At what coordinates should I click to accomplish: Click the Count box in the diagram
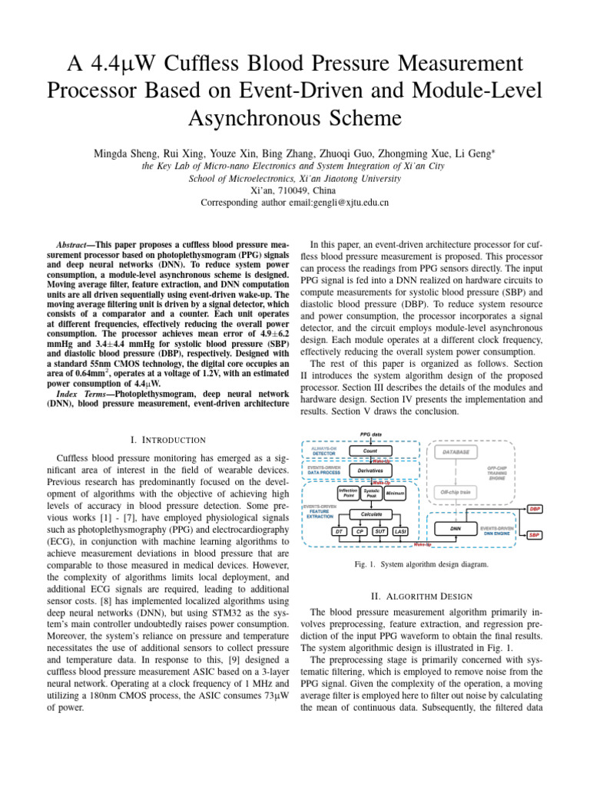coord(370,451)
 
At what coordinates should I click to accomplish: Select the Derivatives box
coord(370,471)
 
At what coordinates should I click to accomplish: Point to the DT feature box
coord(338,531)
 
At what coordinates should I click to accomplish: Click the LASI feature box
coord(400,531)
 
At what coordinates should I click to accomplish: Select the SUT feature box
coord(380,531)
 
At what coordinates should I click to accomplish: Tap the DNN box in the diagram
coord(456,529)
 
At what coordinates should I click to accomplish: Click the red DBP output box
coord(535,508)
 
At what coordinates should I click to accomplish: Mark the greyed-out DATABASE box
coord(456,452)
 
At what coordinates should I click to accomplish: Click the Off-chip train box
coord(456,491)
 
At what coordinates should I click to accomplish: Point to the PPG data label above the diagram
coord(371,434)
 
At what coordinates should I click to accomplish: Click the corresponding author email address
coord(294,203)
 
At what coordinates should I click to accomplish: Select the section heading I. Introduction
coord(168,439)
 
